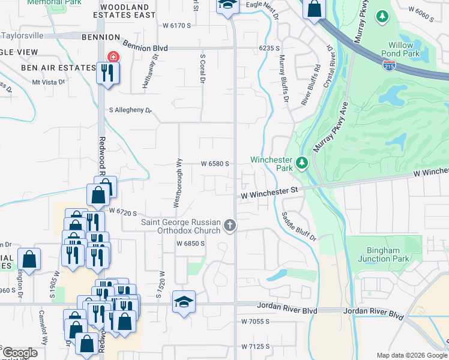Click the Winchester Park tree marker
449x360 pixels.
(x=303, y=163)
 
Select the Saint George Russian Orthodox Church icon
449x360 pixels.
(x=229, y=226)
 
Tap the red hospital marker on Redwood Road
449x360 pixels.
(x=111, y=58)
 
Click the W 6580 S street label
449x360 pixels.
(x=215, y=163)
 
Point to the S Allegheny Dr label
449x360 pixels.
(x=130, y=110)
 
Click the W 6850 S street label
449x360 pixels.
(x=191, y=244)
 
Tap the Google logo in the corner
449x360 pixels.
(x=20, y=353)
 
